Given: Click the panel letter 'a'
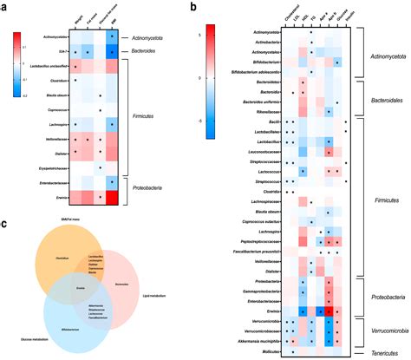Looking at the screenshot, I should point(5,7).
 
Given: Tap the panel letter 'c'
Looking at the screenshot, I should point(5,223).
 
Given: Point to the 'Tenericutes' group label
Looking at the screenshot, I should point(382,351).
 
